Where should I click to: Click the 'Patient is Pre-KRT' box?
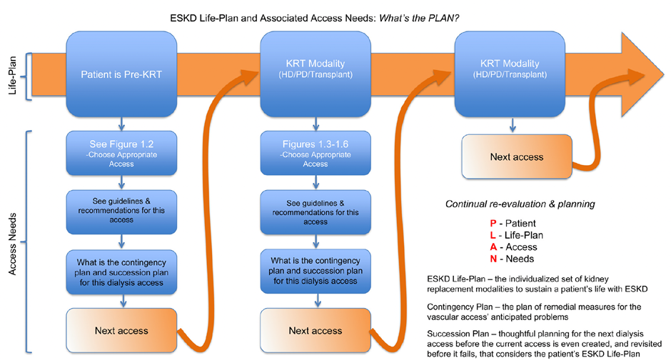point(121,73)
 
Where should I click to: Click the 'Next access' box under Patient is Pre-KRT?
point(121,330)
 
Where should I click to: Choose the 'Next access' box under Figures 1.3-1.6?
point(315,330)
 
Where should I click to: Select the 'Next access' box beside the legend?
point(517,156)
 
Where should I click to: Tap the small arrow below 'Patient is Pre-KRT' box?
point(121,121)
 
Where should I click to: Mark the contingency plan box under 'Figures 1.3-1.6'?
point(315,271)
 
